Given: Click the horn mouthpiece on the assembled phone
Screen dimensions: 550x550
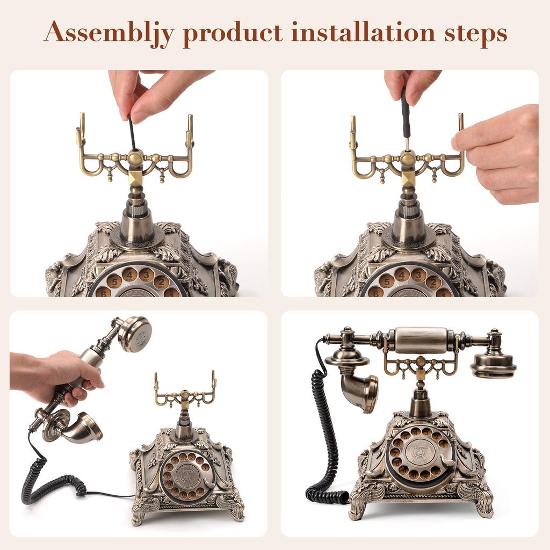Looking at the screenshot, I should click(357, 392).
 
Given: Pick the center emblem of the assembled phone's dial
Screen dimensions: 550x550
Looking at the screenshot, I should click(421, 452).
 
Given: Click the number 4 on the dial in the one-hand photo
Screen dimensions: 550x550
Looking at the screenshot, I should click(129, 275).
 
